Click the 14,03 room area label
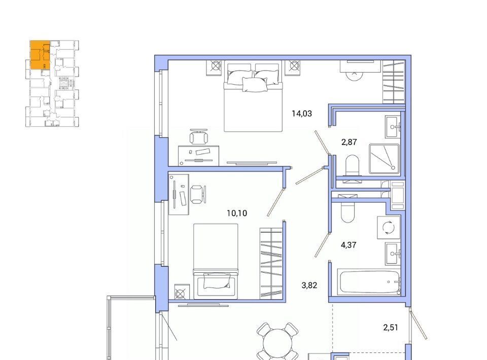coord(301,114)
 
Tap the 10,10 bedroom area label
coord(237,213)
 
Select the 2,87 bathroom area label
coord(349,142)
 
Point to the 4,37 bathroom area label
coord(349,245)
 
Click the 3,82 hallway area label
coord(309,285)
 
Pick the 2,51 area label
coord(391,328)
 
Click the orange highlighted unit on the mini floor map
coord(40,55)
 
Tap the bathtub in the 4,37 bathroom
coord(369,282)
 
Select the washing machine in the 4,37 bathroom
coord(389,228)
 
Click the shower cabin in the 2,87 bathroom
coord(384,159)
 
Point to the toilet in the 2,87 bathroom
coord(352,166)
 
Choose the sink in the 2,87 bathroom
coord(393,127)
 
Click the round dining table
coord(277,343)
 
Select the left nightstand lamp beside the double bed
coord(215,67)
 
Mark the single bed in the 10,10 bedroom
coord(216,261)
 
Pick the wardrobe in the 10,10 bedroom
coord(271,263)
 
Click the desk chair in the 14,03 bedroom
coord(198,137)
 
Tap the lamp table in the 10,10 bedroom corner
coord(182,292)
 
